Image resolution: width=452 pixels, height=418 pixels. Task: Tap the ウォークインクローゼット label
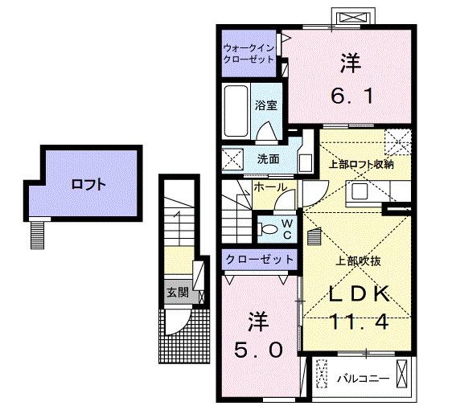pos(249,53)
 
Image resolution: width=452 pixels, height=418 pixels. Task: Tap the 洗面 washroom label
pos(268,158)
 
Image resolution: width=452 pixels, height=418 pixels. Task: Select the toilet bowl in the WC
pos(268,229)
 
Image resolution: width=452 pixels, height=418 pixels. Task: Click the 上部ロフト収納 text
pos(361,164)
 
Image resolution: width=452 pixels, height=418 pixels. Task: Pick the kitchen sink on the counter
pos(357,193)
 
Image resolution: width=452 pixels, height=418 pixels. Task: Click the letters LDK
pos(360,293)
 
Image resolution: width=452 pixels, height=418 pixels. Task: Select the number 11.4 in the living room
pos(360,322)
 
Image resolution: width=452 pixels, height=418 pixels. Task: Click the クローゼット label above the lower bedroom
pos(258,259)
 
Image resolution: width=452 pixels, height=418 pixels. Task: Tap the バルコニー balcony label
pos(364,378)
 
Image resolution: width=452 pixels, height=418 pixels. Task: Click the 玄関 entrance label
pos(176,293)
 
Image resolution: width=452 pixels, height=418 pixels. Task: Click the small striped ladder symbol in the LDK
pos(314,237)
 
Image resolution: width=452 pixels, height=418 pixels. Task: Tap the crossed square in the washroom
pos(232,159)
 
